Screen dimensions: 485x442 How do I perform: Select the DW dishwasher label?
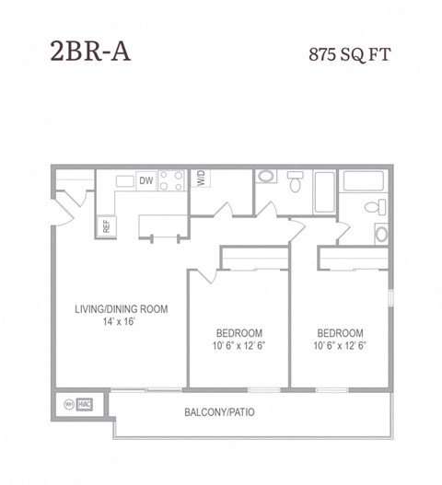pyautogui.click(x=145, y=181)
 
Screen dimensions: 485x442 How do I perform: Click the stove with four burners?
pyautogui.click(x=170, y=181)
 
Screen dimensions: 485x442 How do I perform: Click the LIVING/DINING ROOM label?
pyautogui.click(x=121, y=309)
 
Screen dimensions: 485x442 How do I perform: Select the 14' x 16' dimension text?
pyautogui.click(x=121, y=323)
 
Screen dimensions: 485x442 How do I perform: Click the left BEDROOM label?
pyautogui.click(x=239, y=333)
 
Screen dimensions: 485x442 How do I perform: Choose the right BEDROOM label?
pyautogui.click(x=340, y=333)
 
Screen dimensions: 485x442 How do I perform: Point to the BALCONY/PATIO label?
pyautogui.click(x=219, y=412)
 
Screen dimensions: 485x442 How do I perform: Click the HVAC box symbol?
pyautogui.click(x=85, y=404)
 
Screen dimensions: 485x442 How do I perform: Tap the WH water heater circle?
pyautogui.click(x=68, y=404)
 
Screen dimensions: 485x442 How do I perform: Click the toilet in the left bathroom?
pyautogui.click(x=295, y=180)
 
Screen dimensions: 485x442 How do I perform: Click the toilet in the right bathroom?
pyautogui.click(x=376, y=207)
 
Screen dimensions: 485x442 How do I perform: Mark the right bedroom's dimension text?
pyautogui.click(x=340, y=347)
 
